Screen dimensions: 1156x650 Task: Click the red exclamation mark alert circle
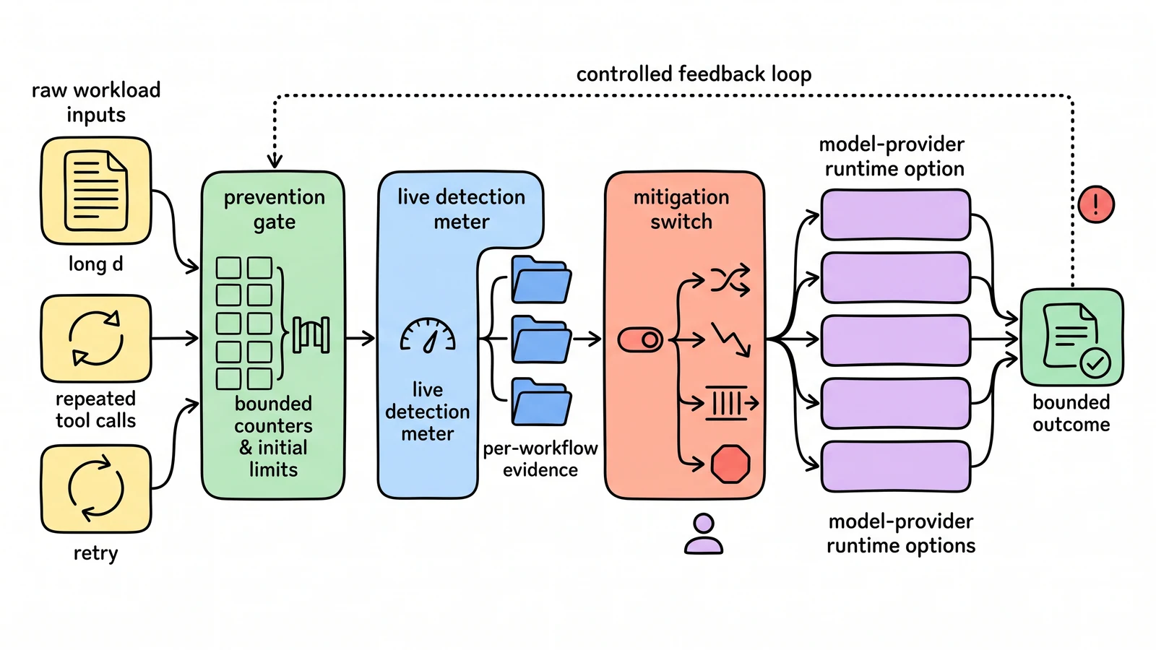coord(1095,204)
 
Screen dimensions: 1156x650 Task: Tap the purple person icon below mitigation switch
coord(704,534)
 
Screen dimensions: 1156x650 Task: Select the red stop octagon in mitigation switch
coord(730,464)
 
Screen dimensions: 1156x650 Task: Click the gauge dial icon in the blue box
coord(428,336)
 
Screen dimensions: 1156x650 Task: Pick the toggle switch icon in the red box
coord(640,340)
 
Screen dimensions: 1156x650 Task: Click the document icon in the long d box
coord(96,191)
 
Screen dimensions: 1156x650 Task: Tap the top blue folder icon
coord(541,279)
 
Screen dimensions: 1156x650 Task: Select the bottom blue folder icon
coord(541,402)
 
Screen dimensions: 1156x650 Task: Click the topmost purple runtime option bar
coord(895,214)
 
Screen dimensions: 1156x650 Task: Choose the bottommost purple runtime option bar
coord(895,467)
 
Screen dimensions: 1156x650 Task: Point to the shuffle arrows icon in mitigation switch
coord(730,280)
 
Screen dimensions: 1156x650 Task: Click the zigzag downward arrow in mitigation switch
coord(730,339)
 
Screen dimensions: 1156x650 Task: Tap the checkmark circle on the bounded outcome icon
coord(1095,364)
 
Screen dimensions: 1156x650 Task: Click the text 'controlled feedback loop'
coord(694,74)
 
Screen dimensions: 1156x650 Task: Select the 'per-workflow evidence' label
coord(540,459)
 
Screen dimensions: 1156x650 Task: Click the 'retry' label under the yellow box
coord(96,553)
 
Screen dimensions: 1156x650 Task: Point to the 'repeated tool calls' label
coord(96,409)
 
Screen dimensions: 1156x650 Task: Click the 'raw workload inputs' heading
coord(96,102)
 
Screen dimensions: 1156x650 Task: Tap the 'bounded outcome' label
coord(1071,413)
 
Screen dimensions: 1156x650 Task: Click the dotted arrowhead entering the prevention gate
coord(275,161)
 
